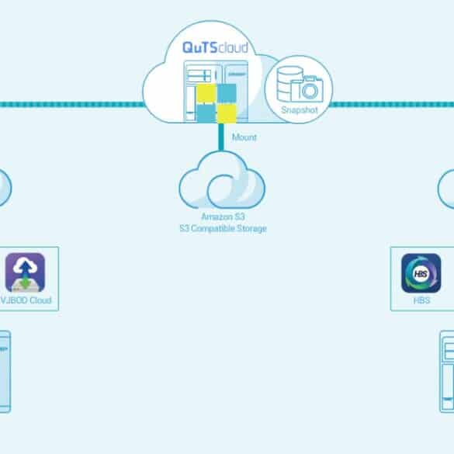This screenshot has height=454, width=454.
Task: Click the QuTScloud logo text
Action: [x=215, y=48]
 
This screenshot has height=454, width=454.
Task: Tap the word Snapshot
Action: [x=300, y=110]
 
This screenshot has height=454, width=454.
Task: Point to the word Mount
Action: [x=244, y=137]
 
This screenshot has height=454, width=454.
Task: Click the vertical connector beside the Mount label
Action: [x=221, y=137]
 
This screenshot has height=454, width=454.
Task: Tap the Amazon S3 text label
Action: [x=223, y=217]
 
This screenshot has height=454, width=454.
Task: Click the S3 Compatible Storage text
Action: [x=223, y=228]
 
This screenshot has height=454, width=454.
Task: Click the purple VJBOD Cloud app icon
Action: [x=25, y=272]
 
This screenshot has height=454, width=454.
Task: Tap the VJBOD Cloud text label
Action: [x=26, y=300]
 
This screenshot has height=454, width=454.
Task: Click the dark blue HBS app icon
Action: [x=421, y=273]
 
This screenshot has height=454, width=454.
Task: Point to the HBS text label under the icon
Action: [x=421, y=300]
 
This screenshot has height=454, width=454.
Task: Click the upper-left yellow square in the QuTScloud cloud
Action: [x=206, y=94]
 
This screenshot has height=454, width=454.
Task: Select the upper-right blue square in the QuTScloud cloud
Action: [x=227, y=94]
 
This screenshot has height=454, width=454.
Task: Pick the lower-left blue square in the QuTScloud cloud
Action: [x=206, y=113]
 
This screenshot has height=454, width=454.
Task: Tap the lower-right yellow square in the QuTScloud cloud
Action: [x=227, y=114]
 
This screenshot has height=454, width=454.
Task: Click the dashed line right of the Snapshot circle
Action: [x=391, y=104]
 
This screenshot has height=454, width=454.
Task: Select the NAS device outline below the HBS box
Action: [x=447, y=372]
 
